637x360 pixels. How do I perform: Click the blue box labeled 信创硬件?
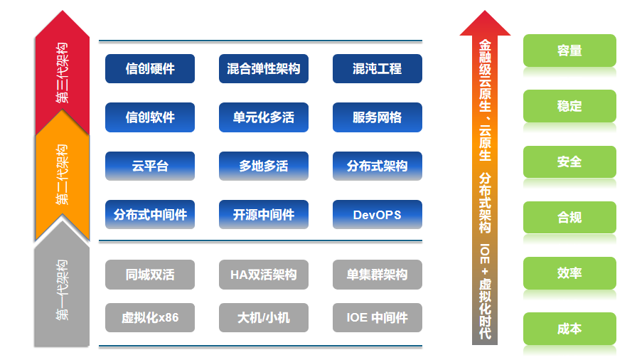(150, 69)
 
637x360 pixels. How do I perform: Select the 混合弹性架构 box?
(264, 69)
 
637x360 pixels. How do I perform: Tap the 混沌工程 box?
(377, 69)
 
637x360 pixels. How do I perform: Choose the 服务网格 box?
(377, 117)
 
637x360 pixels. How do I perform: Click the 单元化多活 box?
(264, 117)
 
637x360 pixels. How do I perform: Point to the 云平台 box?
(150, 166)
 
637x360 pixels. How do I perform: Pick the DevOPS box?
(377, 214)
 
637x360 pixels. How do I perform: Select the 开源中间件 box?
(264, 214)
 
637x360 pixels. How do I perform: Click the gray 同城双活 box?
(150, 275)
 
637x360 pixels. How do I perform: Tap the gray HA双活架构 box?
(264, 275)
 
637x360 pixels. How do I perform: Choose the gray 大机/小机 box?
(264, 317)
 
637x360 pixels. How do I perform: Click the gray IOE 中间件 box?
(377, 317)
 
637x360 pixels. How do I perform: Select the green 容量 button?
(569, 51)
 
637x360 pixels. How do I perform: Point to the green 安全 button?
(569, 162)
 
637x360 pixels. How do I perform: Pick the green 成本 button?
(569, 329)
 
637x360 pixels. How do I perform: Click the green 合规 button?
(569, 217)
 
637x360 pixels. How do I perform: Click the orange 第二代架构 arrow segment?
(63, 174)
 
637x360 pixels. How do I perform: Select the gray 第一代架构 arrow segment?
(63, 288)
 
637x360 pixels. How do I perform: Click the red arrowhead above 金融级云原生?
(485, 23)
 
